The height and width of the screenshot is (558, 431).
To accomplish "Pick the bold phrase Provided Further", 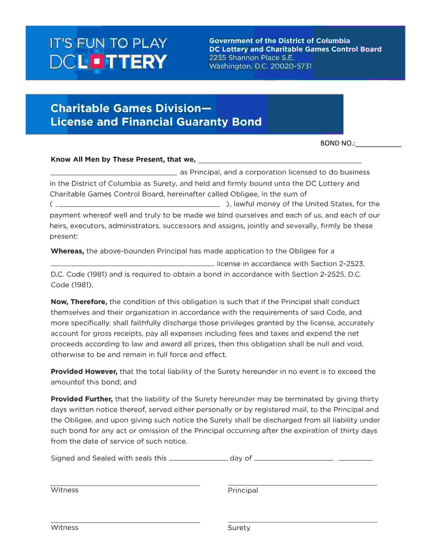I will (82, 399).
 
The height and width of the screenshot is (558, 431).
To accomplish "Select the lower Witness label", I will (65, 527).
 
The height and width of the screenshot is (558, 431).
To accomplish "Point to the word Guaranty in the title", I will (202, 122).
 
